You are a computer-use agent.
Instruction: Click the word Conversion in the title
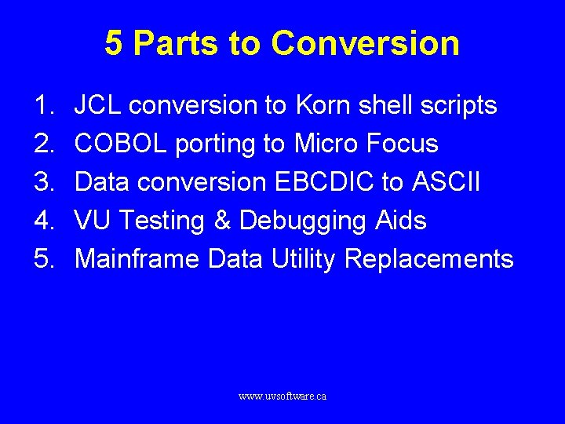365,43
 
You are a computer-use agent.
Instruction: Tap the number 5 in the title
114,43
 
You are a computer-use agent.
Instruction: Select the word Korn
321,105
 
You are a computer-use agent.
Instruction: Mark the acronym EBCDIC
324,182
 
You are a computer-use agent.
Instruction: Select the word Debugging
302,221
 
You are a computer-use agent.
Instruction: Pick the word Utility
303,258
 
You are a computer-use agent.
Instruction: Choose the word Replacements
429,258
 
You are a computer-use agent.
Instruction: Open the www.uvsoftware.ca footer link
282,397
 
